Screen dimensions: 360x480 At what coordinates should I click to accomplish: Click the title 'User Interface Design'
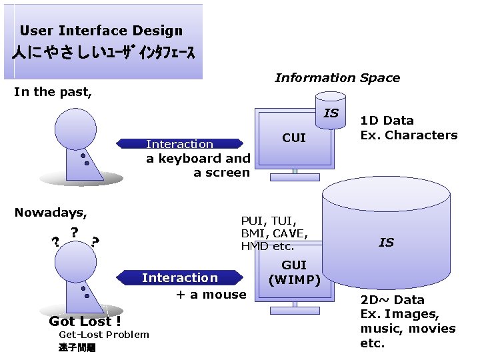101,31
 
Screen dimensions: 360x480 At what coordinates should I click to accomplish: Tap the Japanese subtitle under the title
103,54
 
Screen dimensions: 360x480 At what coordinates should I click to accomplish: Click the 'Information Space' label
337,78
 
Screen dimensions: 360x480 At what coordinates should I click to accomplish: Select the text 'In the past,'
53,92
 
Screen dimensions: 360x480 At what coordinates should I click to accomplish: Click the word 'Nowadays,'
51,213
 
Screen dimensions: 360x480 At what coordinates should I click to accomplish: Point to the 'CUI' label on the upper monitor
294,138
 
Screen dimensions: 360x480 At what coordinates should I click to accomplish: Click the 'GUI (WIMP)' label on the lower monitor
294,272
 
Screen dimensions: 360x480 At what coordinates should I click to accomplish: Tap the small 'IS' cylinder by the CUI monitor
331,113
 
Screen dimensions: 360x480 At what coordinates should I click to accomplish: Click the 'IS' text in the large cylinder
386,243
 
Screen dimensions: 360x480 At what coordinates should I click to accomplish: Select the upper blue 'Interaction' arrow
179,144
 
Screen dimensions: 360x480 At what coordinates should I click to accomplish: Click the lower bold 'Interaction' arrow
179,278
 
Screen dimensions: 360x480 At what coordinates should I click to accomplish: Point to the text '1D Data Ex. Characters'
409,127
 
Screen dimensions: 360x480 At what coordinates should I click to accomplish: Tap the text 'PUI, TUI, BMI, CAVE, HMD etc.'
274,233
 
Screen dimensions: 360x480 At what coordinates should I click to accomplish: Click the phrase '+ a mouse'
211,294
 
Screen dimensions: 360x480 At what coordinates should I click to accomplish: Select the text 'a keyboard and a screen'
199,165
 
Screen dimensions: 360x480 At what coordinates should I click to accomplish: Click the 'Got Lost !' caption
85,321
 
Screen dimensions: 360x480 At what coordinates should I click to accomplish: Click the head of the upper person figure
77,127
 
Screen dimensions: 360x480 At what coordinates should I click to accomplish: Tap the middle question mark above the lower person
75,231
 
